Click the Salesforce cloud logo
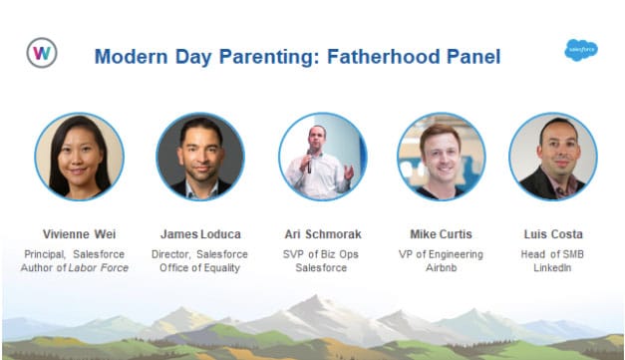coord(581,50)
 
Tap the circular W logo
coord(42,53)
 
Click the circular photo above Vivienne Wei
coord(79,156)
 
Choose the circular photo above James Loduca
coord(200,156)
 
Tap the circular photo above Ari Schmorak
coord(322,156)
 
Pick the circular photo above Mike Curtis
coord(441,156)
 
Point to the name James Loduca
coord(200,234)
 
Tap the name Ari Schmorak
coord(321,234)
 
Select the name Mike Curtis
coord(441,234)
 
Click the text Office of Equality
coord(200,268)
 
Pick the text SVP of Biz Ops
coord(321,254)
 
